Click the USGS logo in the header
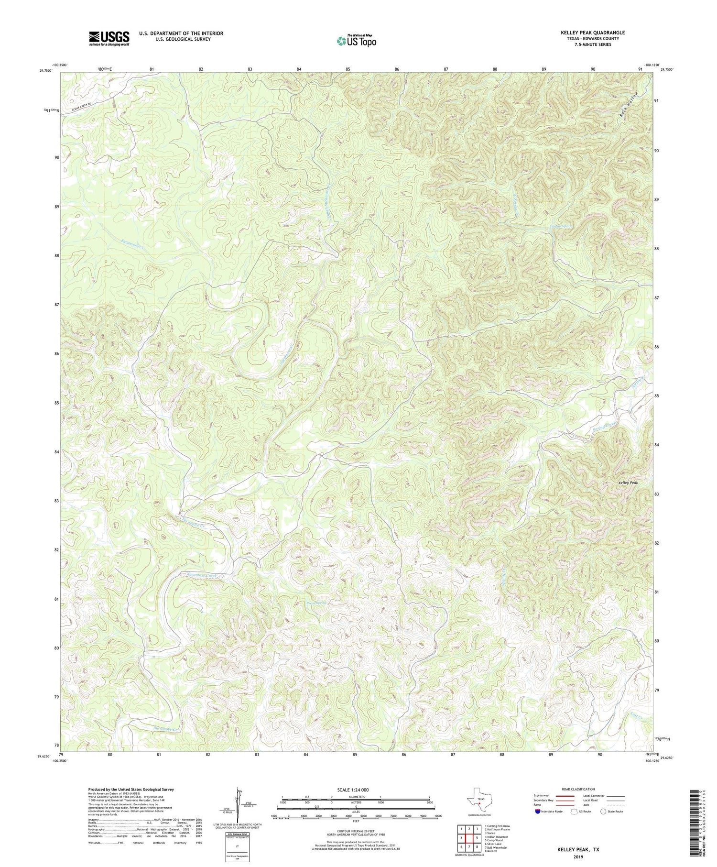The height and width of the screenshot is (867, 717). pos(109,38)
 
